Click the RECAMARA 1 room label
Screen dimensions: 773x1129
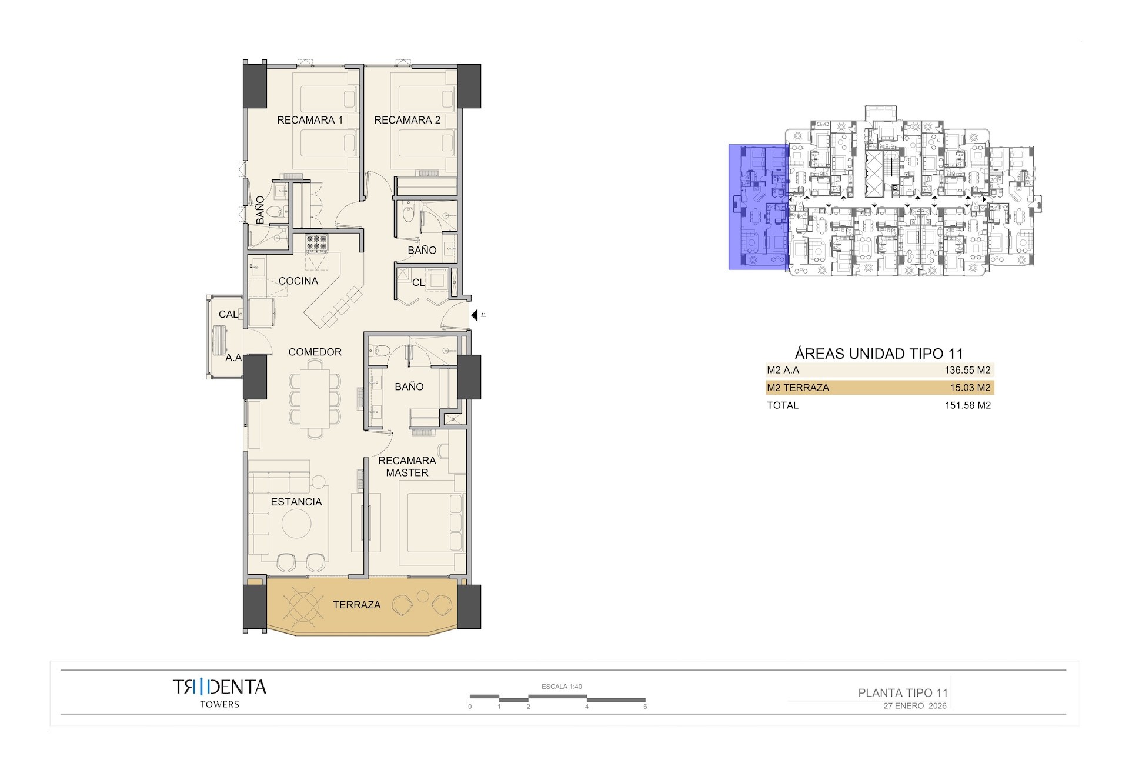point(309,120)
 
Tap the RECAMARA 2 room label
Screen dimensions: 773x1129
point(407,120)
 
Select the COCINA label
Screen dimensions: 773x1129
point(298,281)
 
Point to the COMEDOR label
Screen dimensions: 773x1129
point(315,352)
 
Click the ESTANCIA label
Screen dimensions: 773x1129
point(296,502)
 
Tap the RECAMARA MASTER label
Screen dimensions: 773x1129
point(407,467)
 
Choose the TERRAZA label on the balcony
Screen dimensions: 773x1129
point(356,605)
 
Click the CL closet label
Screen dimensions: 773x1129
point(418,282)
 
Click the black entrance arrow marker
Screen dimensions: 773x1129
point(475,316)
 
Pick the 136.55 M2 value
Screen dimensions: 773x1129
point(967,370)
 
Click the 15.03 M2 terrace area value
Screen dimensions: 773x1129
point(970,388)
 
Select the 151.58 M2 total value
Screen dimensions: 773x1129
point(967,405)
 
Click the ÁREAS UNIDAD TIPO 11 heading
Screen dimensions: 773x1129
point(879,354)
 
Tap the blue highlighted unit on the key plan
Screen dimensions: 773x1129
point(758,207)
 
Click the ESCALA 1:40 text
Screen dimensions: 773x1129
point(562,687)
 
